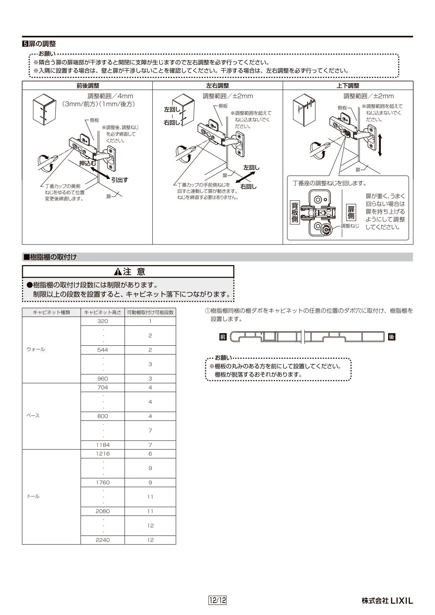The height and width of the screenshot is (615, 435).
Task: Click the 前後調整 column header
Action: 87,86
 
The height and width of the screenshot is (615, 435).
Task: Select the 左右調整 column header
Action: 217,86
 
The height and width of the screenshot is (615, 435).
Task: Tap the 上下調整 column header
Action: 348,86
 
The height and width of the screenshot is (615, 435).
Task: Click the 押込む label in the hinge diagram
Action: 88,163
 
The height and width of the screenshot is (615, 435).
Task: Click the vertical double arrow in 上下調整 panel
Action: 380,145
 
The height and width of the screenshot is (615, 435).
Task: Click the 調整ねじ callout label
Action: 350,225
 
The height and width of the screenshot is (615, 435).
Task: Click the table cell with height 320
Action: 103,321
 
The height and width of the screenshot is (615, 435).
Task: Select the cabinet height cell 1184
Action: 103,445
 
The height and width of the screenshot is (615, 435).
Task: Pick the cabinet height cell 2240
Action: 103,540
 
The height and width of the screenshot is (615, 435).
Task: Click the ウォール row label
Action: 36,350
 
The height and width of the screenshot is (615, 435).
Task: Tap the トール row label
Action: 33,496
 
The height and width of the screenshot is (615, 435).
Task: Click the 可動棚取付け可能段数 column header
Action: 150,312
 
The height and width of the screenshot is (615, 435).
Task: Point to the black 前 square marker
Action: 222,337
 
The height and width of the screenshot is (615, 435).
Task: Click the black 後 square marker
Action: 392,337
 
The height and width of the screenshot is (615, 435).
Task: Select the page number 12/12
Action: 217,601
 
